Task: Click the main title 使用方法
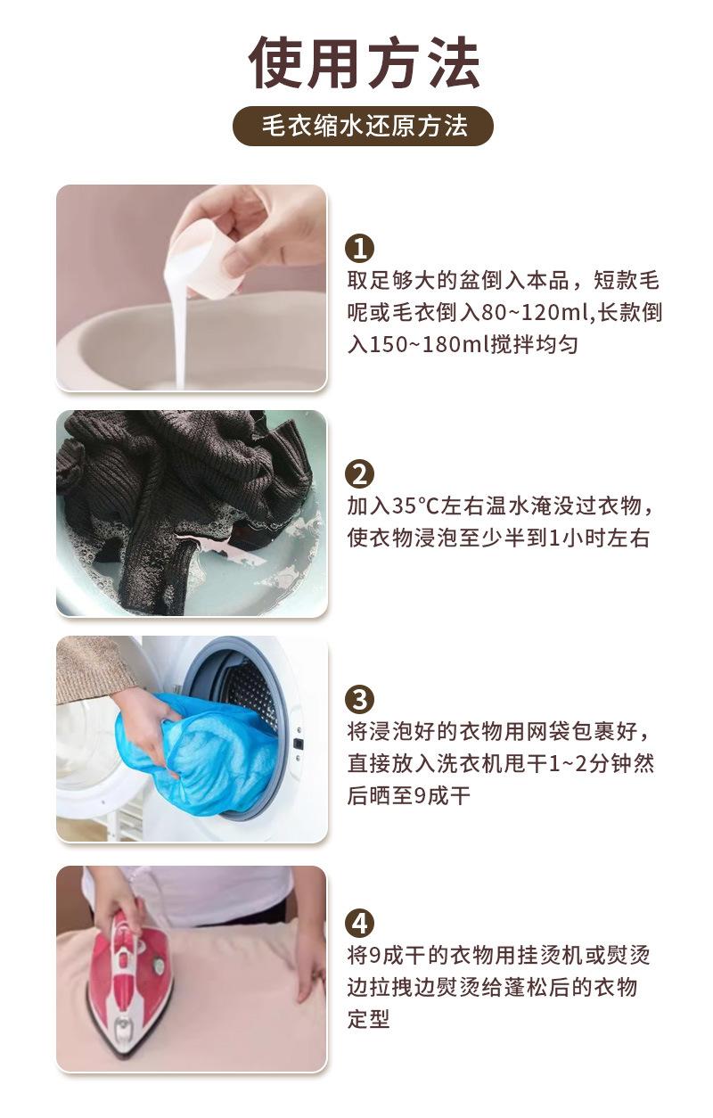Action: (365, 63)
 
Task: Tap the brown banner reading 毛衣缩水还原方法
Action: (363, 126)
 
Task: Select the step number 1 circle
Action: (359, 248)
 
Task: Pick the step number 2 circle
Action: (359, 473)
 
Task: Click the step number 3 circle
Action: (359, 700)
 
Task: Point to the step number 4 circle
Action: (359, 924)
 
